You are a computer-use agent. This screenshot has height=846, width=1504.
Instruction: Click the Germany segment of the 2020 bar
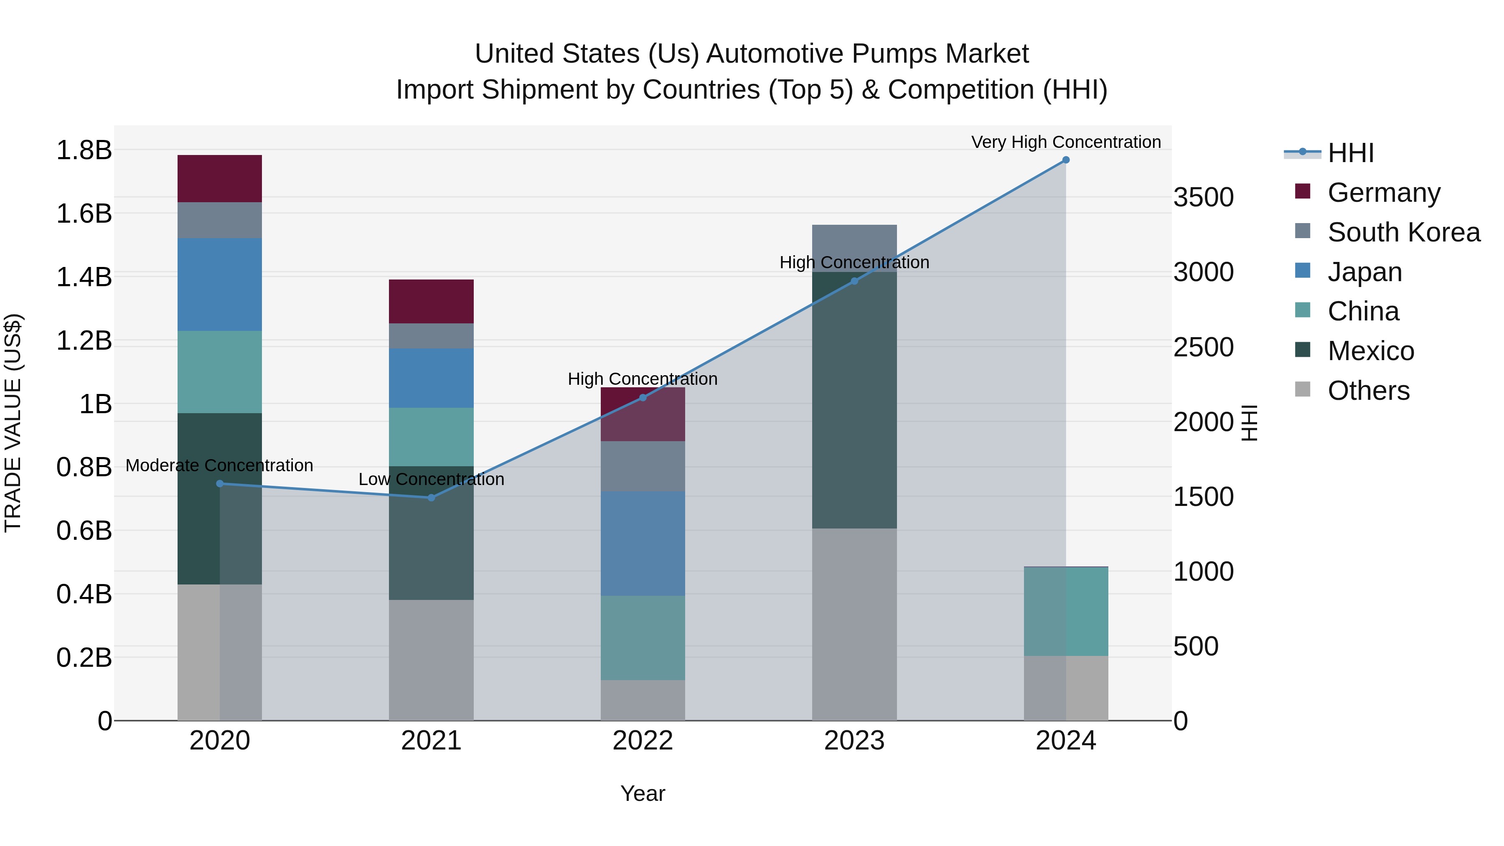[219, 179]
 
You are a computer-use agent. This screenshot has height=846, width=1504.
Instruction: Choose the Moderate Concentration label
[219, 465]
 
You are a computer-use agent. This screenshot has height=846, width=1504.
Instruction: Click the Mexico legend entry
[1370, 351]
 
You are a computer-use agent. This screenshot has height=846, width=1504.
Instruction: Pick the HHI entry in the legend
[1350, 153]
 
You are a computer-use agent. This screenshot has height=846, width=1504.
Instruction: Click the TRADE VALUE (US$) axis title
[13, 423]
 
